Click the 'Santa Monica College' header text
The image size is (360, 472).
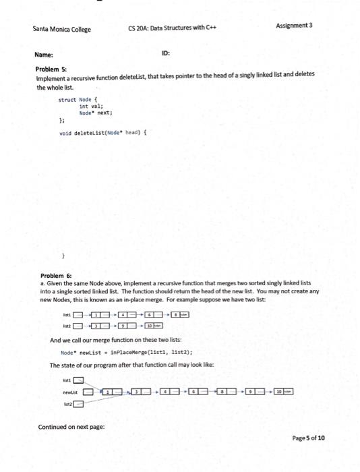click(61, 30)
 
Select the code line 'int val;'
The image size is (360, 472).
click(91, 107)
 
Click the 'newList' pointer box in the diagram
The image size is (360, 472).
click(88, 392)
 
